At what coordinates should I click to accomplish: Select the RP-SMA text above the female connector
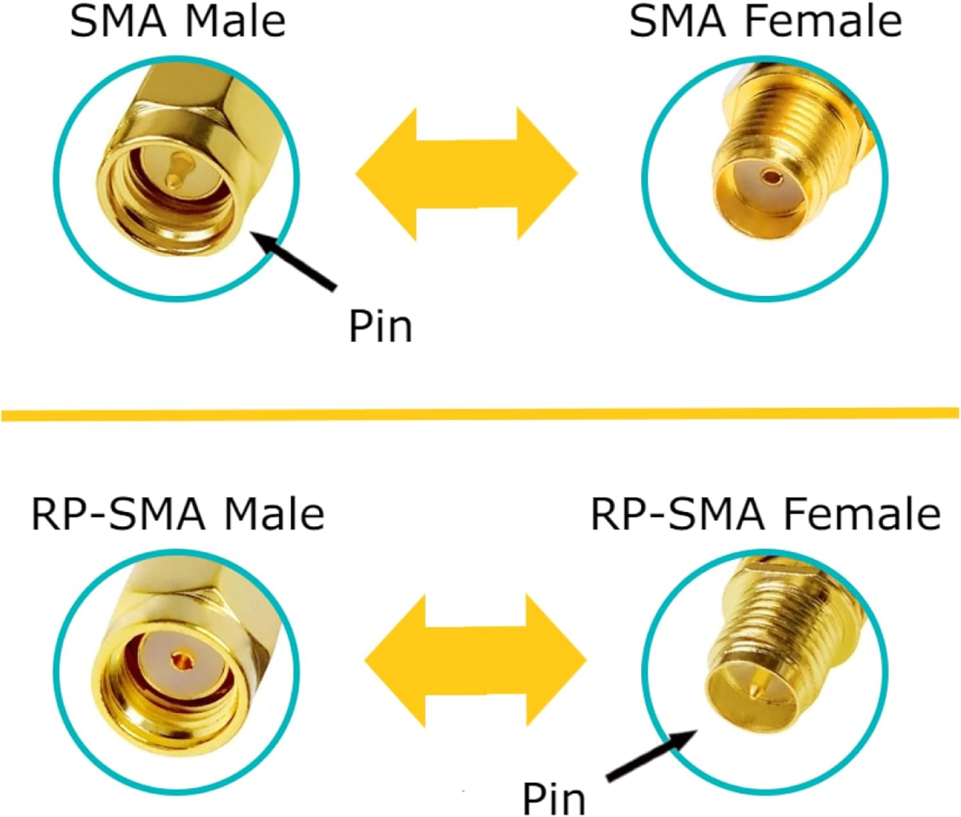(678, 515)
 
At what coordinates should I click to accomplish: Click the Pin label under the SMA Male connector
(380, 327)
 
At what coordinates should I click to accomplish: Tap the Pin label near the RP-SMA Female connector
(554, 798)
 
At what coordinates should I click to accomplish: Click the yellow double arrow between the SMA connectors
(466, 174)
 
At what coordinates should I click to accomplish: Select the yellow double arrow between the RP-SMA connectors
(475, 661)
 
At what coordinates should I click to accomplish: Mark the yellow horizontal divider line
(481, 415)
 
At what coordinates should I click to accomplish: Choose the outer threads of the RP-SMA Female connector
(788, 615)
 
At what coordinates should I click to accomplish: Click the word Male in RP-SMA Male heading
(274, 515)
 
